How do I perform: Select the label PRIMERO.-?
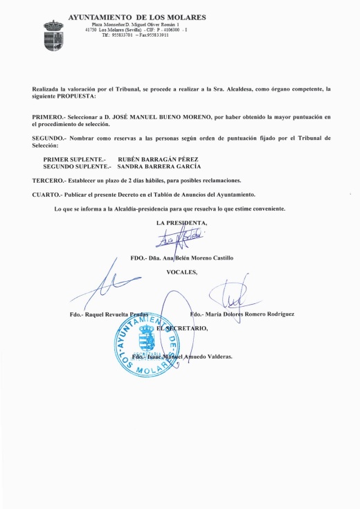pyautogui.click(x=50, y=118)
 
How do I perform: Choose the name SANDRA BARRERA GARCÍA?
pyautogui.click(x=159, y=167)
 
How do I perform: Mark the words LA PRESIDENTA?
pyautogui.click(x=183, y=222)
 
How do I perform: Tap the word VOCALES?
pyautogui.click(x=182, y=272)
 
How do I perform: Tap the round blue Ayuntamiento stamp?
pyautogui.click(x=151, y=345)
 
